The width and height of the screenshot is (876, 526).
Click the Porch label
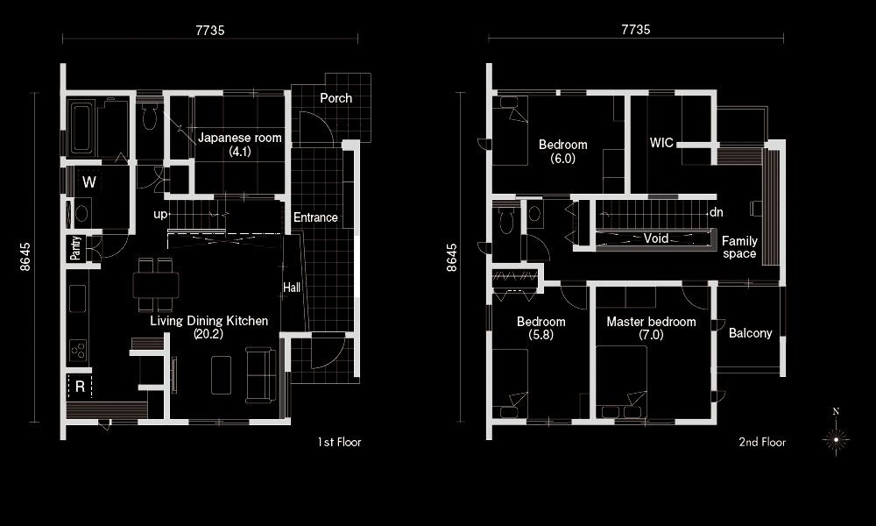[x=336, y=98]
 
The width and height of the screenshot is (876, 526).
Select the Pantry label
[x=75, y=248]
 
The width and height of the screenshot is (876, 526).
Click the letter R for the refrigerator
[x=80, y=387]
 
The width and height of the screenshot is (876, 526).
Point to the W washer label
[x=88, y=182]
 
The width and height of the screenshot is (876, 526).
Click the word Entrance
[x=315, y=217]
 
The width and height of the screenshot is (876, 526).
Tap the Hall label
[x=292, y=288]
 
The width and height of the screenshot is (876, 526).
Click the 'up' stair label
[x=160, y=215]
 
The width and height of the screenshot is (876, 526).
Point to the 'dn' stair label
[x=717, y=212]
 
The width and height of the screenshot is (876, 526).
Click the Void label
[x=656, y=238]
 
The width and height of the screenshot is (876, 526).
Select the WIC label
[x=661, y=143]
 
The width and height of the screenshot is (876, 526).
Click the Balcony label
[x=751, y=333]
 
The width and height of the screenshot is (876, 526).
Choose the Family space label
[x=739, y=247]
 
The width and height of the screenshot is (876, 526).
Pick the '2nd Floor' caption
[x=762, y=442]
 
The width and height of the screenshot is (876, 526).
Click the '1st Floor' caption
[x=339, y=442]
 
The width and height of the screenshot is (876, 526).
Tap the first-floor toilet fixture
[x=149, y=117]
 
